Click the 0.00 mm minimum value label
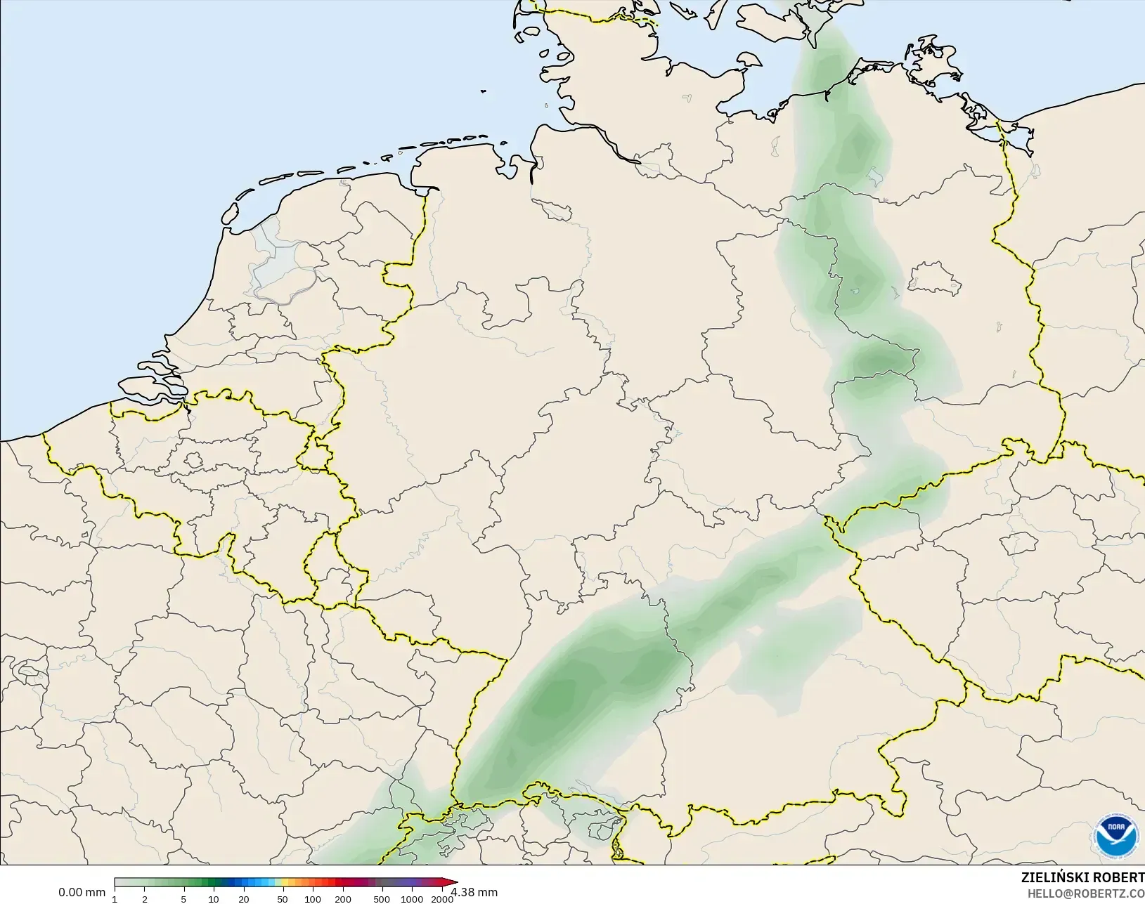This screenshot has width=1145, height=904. [x=82, y=893]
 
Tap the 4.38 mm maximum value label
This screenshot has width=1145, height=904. [x=474, y=893]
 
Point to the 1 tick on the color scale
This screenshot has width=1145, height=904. [x=115, y=899]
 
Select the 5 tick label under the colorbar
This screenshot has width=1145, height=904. [x=183, y=899]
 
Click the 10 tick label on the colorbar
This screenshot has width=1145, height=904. [x=213, y=899]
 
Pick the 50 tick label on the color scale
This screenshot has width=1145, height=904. [x=282, y=899]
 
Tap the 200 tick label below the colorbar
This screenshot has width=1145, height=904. [x=343, y=899]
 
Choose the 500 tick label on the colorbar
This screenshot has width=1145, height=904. [x=381, y=899]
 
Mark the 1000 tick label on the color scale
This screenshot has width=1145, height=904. [x=412, y=899]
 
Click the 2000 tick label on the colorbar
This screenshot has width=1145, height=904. [x=442, y=899]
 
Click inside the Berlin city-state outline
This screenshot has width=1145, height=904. [x=933, y=278]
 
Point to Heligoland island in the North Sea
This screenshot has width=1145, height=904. [x=484, y=91]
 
